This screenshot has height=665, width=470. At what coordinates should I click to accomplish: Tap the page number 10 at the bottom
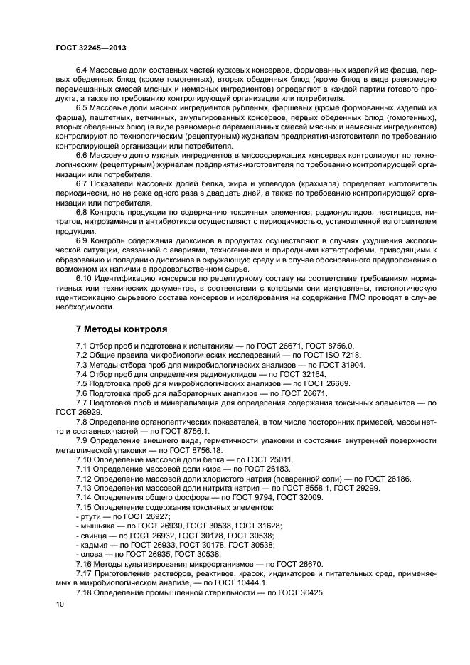click(60, 604)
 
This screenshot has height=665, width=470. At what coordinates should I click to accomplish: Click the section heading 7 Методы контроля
click(122, 329)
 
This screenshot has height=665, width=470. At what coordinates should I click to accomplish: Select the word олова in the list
click(92, 553)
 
